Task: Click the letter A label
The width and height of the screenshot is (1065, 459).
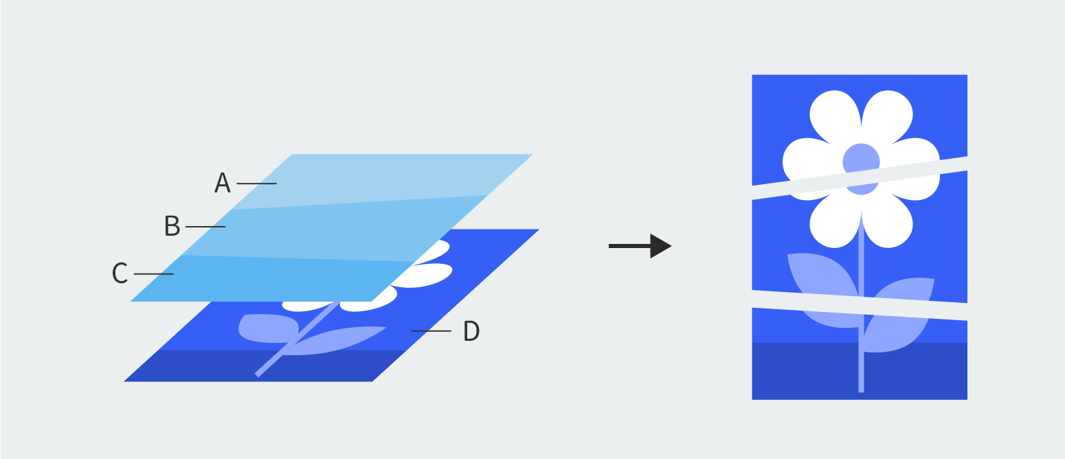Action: (x=222, y=183)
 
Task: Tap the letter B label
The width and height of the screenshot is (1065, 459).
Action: (x=172, y=226)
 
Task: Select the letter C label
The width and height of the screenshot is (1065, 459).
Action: (x=120, y=273)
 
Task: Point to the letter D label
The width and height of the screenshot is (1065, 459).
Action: (x=471, y=331)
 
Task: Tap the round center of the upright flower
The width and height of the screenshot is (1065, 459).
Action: (x=861, y=159)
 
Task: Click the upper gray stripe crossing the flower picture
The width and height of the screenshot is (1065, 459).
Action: (x=859, y=179)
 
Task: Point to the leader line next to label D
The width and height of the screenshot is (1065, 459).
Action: (x=431, y=331)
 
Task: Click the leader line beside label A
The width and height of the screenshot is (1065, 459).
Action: (x=256, y=183)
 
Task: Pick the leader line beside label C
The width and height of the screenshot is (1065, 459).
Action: (x=153, y=274)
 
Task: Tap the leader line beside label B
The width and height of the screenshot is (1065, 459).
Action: (x=205, y=226)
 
